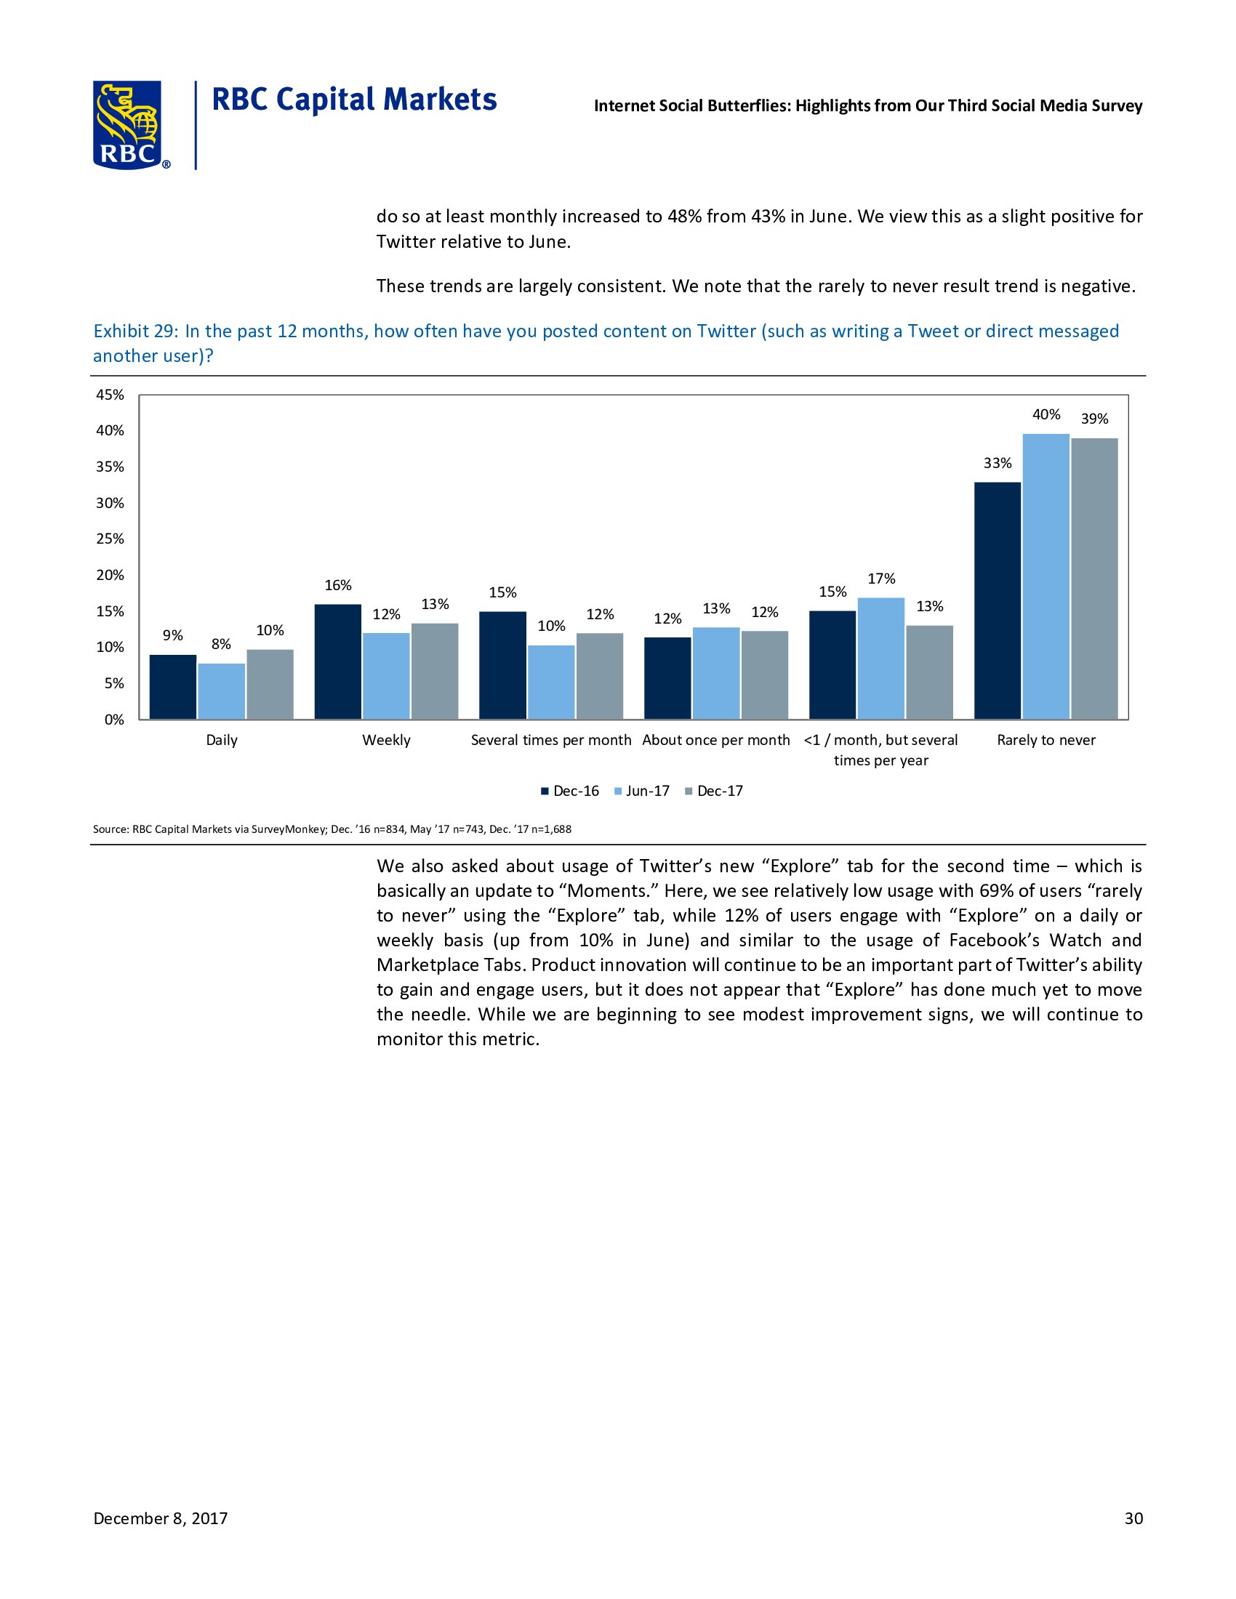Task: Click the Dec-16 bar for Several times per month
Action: pos(502,665)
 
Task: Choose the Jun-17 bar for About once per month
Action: pos(716,673)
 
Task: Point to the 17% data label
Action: pos(882,579)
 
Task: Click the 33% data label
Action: pos(998,463)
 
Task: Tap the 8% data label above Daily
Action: pos(221,643)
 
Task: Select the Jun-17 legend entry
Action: pos(641,791)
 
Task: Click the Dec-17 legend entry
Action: pos(713,791)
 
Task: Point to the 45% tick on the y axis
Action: pos(110,395)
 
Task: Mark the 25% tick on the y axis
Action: pos(110,539)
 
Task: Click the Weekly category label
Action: pos(386,740)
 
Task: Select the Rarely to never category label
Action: pos(1046,740)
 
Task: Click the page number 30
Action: pos(1133,1518)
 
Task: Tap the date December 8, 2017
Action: pos(161,1518)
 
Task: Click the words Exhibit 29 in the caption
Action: pos(135,331)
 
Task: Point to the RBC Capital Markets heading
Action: pos(354,100)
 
